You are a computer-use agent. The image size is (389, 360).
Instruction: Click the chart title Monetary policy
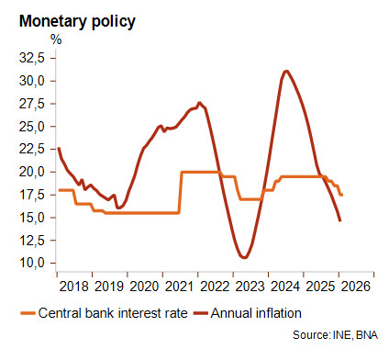[77, 22]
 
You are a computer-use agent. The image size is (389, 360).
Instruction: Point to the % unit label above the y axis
[56, 39]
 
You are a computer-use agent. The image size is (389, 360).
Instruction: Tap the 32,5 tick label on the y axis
[32, 58]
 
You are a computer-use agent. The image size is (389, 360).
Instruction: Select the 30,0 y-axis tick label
[32, 81]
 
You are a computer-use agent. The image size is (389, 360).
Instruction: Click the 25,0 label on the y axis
[32, 127]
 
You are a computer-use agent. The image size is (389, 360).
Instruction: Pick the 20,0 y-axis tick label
[32, 172]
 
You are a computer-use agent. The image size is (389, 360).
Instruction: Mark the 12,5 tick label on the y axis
[32, 241]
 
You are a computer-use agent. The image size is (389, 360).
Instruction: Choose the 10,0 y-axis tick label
[32, 264]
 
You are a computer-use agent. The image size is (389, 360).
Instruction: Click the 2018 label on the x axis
[74, 287]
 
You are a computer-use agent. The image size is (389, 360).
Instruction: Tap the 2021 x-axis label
[180, 287]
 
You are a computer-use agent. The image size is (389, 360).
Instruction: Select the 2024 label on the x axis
[285, 287]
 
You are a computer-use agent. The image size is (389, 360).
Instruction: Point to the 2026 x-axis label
[356, 287]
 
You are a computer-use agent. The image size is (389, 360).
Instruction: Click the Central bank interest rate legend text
[113, 313]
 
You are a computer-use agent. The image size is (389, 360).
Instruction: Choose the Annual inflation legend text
[256, 313]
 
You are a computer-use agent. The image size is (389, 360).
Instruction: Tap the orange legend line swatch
[28, 313]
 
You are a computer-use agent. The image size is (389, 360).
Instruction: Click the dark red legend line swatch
[201, 313]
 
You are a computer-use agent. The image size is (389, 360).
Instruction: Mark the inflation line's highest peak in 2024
[286, 72]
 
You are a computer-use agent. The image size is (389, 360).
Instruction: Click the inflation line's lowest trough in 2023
[244, 257]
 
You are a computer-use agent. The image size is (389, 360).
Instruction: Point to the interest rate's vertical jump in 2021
[180, 192]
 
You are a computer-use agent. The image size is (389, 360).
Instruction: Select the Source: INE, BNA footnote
[336, 335]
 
